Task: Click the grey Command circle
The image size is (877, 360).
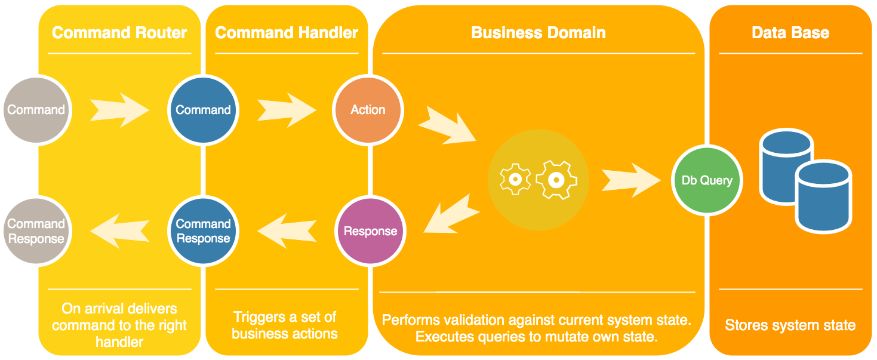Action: point(36,110)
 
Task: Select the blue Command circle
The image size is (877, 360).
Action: point(203,110)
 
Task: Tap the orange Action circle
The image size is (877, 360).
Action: point(368,110)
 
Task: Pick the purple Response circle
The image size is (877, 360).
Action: point(370,231)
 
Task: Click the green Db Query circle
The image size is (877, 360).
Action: point(707,180)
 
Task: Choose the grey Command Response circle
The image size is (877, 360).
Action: point(36,231)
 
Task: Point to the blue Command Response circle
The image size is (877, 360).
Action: point(203,231)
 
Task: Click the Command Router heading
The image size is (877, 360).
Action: point(119,32)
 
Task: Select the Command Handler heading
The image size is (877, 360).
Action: point(287,32)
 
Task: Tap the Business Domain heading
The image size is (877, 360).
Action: point(538,32)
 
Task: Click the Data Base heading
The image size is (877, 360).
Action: point(790,32)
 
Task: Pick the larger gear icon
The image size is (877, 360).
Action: point(556,180)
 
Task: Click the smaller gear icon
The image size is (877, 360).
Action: point(515,180)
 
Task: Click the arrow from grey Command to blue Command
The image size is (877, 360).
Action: point(119,110)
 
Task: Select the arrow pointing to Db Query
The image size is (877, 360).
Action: point(631,180)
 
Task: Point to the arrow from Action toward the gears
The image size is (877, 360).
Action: point(448,125)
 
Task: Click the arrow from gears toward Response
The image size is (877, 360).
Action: point(451,214)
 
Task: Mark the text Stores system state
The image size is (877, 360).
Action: point(790,325)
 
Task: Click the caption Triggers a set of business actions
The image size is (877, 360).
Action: point(285,325)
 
